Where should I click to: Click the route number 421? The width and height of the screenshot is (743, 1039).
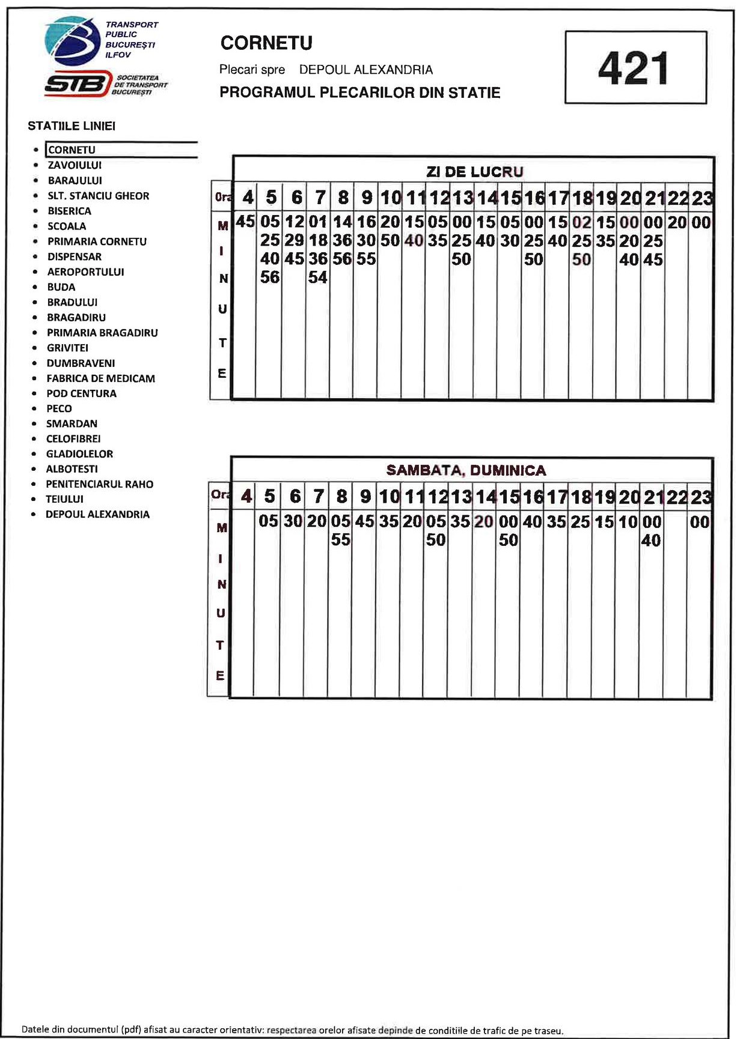pos(634,68)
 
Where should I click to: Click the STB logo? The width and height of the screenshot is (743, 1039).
pos(78,83)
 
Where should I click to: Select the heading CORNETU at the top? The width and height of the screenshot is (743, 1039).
pos(266,43)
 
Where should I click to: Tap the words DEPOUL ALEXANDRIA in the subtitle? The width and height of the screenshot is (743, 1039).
pos(365,70)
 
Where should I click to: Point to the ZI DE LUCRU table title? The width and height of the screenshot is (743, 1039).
pos(474,172)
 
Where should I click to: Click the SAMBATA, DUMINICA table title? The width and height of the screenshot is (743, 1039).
pos(466,470)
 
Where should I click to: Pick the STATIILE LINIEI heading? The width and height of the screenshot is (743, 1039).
pos(72,126)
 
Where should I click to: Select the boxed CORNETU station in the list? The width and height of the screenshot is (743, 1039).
pos(72,150)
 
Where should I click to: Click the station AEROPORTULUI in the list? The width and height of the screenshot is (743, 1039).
pos(85,272)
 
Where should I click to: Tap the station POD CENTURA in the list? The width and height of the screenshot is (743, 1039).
pos(81,393)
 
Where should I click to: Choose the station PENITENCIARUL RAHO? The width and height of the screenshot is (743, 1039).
pos(99,484)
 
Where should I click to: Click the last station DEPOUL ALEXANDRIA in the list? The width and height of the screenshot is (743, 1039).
pos(97,514)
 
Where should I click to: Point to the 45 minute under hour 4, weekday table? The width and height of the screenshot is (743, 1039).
pos(245,222)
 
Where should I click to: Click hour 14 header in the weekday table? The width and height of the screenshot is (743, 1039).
pos(487,198)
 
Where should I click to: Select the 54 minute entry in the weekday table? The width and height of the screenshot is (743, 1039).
pos(317,277)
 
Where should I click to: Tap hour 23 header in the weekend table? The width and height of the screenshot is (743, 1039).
pos(700,497)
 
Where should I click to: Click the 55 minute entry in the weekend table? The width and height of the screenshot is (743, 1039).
pos(340,540)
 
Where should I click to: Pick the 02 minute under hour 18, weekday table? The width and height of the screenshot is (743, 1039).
pos(581,222)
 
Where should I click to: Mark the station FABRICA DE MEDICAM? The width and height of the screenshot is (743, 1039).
pos(100,378)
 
